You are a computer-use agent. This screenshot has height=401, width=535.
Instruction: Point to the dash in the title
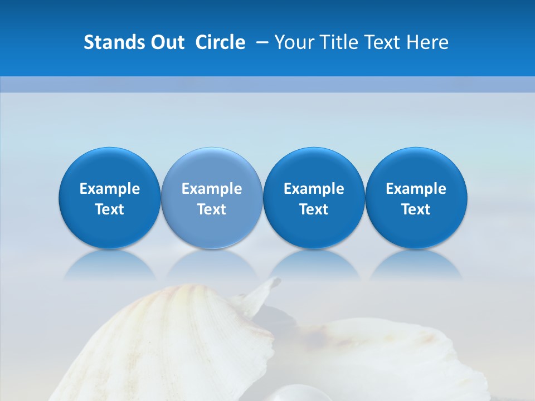point(262,42)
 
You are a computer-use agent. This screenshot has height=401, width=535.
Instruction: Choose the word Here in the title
point(426,42)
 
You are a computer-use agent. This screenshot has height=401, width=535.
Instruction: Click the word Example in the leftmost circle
point(110,189)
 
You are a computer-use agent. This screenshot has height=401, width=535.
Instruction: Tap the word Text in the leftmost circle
point(110,209)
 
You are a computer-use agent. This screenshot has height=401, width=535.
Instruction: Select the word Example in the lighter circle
point(212,189)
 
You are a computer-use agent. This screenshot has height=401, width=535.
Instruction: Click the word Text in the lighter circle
point(212,209)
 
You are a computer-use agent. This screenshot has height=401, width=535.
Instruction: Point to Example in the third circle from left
point(314,189)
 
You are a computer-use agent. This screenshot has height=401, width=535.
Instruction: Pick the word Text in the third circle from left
point(314,209)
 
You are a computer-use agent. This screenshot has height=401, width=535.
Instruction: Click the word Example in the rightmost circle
point(416,189)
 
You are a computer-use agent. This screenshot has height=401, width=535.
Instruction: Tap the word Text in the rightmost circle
point(416,209)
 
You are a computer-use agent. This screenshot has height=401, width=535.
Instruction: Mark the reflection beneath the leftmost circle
point(110,266)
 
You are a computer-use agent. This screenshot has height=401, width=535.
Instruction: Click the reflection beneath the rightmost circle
point(416,266)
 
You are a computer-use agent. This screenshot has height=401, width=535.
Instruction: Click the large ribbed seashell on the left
point(167,345)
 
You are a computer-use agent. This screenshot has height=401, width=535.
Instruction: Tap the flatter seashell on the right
point(390,356)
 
